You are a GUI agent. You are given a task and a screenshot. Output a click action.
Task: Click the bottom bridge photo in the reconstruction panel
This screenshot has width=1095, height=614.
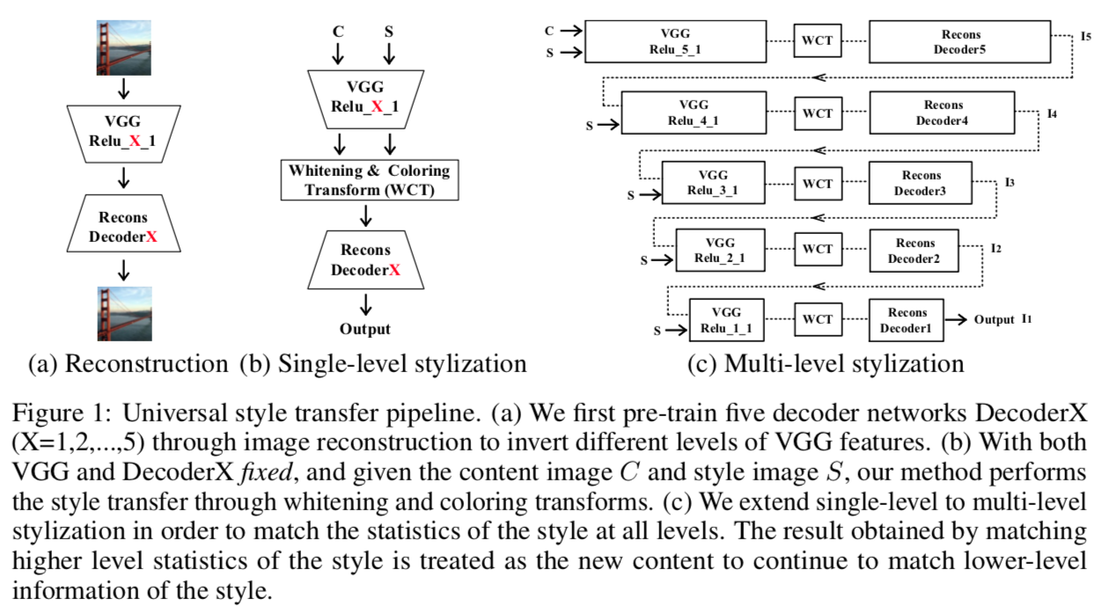(x=124, y=312)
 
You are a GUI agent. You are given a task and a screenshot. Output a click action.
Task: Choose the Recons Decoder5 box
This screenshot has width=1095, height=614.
(x=961, y=41)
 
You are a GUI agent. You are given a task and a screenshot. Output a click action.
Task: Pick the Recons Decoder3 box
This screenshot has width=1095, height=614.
(x=921, y=183)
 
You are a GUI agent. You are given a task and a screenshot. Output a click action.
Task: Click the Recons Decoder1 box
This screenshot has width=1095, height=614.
(x=907, y=320)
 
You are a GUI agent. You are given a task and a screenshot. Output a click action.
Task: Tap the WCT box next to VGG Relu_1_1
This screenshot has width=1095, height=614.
(x=817, y=319)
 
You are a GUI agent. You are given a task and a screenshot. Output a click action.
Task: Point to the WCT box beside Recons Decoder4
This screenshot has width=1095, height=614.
(x=817, y=112)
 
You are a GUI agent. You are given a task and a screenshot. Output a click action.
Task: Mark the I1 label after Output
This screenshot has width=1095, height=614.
(x=1027, y=318)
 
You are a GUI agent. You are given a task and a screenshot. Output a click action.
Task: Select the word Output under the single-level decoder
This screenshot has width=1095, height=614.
(x=365, y=330)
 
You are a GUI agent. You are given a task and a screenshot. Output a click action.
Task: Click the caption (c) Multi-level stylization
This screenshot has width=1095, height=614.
(x=825, y=363)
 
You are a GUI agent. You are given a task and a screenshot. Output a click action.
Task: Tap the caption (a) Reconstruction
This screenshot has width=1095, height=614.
(x=128, y=363)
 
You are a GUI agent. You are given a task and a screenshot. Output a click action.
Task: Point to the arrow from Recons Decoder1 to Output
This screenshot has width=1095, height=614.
(x=957, y=320)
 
